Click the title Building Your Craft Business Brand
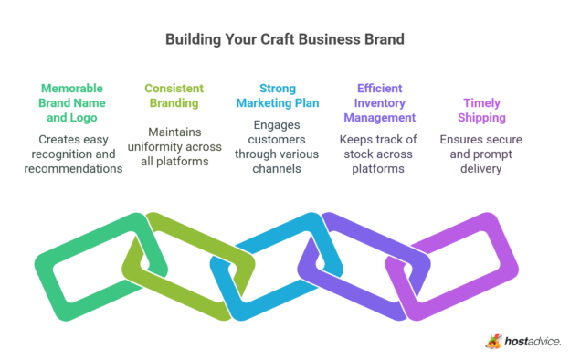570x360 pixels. [x=284, y=40]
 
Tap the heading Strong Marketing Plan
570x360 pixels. [x=283, y=97]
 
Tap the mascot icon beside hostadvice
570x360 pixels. [x=493, y=340]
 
